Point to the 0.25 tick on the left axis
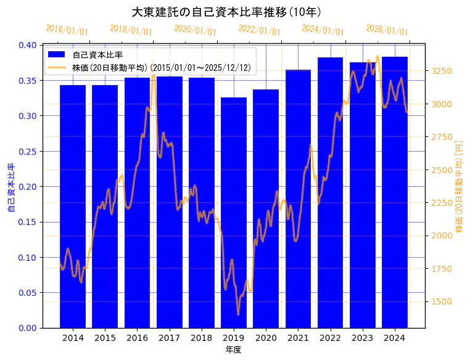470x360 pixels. (28, 152)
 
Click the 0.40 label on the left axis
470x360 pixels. (28, 45)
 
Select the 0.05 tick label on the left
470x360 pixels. (28, 293)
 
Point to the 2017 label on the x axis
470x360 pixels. (169, 338)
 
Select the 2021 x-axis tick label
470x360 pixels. (298, 338)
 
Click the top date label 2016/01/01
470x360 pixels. (67, 30)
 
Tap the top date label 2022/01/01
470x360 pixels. (259, 30)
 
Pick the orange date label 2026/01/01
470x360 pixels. (387, 30)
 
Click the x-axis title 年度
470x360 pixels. (233, 350)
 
